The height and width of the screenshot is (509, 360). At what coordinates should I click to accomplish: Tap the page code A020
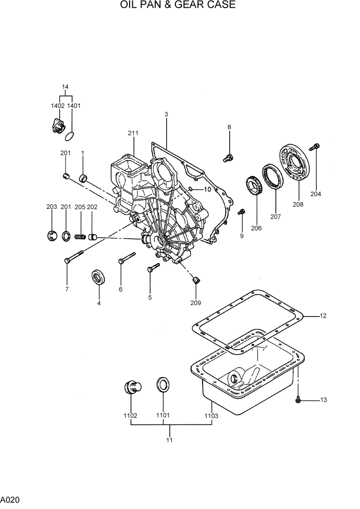(x=11, y=499)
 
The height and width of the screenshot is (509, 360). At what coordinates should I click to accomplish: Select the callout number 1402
(x=57, y=106)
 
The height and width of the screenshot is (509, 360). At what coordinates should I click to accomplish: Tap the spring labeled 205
(x=80, y=237)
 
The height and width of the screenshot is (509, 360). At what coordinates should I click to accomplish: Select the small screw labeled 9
(x=243, y=211)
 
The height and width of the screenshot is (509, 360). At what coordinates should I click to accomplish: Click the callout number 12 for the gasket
(x=323, y=316)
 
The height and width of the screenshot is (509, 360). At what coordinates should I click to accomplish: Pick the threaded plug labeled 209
(x=195, y=280)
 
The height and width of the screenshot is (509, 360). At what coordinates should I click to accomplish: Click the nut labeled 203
(x=52, y=236)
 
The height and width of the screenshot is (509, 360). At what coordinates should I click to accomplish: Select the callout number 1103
(x=211, y=416)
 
